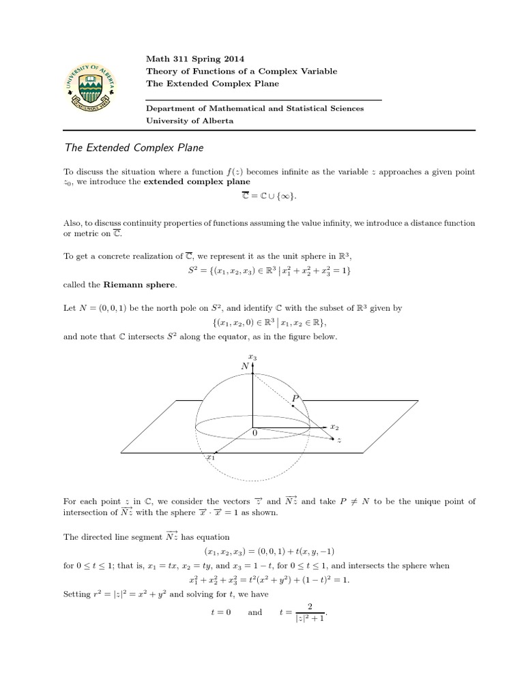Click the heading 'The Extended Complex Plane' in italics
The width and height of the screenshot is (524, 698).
[134, 147]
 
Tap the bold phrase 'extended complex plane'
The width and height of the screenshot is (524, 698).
[196, 182]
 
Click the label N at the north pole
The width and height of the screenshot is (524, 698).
[245, 366]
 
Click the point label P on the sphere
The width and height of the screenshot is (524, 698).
[295, 397]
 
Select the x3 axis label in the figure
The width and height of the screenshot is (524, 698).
[252, 356]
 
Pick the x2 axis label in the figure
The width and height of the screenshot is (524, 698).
[334, 426]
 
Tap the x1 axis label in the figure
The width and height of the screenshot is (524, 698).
[211, 458]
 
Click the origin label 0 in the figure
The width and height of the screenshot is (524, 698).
[254, 433]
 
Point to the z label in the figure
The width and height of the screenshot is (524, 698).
[339, 440]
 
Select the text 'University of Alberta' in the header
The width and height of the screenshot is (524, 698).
[190, 121]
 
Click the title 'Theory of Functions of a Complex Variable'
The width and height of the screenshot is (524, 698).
[242, 71]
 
